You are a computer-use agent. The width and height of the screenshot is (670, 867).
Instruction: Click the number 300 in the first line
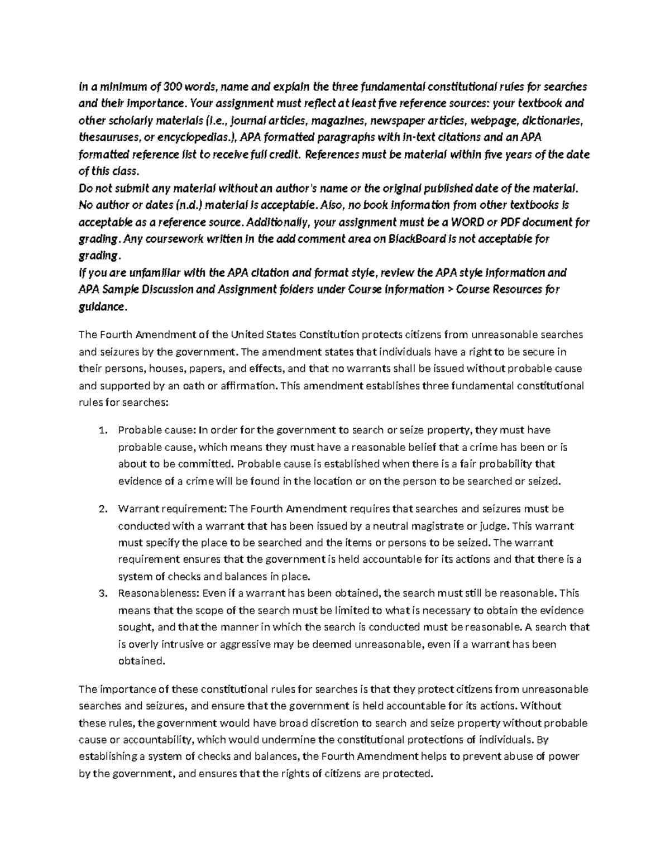pyautogui.click(x=172, y=87)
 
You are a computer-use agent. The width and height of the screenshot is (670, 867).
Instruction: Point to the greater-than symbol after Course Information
pyautogui.click(x=448, y=289)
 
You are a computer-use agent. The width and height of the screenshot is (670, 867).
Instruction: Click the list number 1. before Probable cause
pyautogui.click(x=102, y=430)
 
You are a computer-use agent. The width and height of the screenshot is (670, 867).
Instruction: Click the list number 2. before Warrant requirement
pyautogui.click(x=102, y=509)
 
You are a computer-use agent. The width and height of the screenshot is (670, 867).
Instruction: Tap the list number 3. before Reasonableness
pyautogui.click(x=102, y=593)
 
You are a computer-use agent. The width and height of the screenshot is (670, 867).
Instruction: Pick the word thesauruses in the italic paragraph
pyautogui.click(x=106, y=137)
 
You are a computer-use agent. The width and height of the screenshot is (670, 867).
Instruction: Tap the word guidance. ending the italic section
pyautogui.click(x=103, y=306)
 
